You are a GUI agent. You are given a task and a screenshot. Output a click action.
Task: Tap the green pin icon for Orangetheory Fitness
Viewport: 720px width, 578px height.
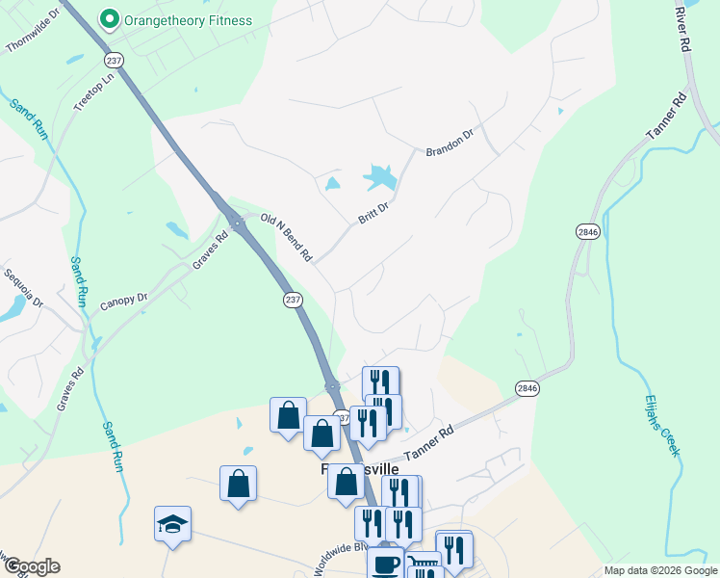(110, 19)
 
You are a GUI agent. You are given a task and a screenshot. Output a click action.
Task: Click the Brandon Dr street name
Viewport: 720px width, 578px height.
(450, 142)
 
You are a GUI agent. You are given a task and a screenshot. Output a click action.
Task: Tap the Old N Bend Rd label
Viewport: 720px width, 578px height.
(288, 239)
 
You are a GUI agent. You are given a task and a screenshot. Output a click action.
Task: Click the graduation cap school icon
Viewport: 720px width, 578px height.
(172, 525)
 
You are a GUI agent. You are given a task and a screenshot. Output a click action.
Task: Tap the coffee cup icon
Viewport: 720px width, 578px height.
(385, 564)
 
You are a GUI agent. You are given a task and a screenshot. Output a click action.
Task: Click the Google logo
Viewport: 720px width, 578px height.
(31, 566)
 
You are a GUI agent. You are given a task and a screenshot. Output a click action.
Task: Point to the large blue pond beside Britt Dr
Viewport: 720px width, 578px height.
(379, 177)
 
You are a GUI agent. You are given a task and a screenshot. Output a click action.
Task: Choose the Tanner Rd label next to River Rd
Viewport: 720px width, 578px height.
(665, 120)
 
